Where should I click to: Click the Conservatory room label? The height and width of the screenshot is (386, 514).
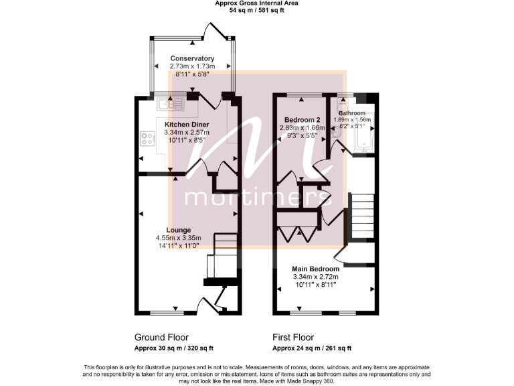click(x=192, y=58)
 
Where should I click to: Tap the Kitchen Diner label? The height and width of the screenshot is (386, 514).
click(x=187, y=125)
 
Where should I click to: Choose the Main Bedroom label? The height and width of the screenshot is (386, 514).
click(x=315, y=269)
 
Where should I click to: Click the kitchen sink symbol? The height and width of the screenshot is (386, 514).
click(x=170, y=104)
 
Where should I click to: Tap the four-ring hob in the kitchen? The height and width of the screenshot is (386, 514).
click(x=145, y=139)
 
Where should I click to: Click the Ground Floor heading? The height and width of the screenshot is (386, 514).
click(x=161, y=337)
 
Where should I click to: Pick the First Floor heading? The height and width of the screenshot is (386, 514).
click(x=293, y=337)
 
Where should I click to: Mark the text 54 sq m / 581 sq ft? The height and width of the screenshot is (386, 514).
click(x=256, y=11)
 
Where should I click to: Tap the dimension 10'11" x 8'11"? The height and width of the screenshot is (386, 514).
click(x=315, y=285)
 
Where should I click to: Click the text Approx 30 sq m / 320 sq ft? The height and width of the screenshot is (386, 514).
click(x=173, y=348)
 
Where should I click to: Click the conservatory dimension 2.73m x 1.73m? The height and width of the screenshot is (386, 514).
click(x=192, y=66)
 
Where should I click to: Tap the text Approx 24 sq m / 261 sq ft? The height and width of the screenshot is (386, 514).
click(x=312, y=348)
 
